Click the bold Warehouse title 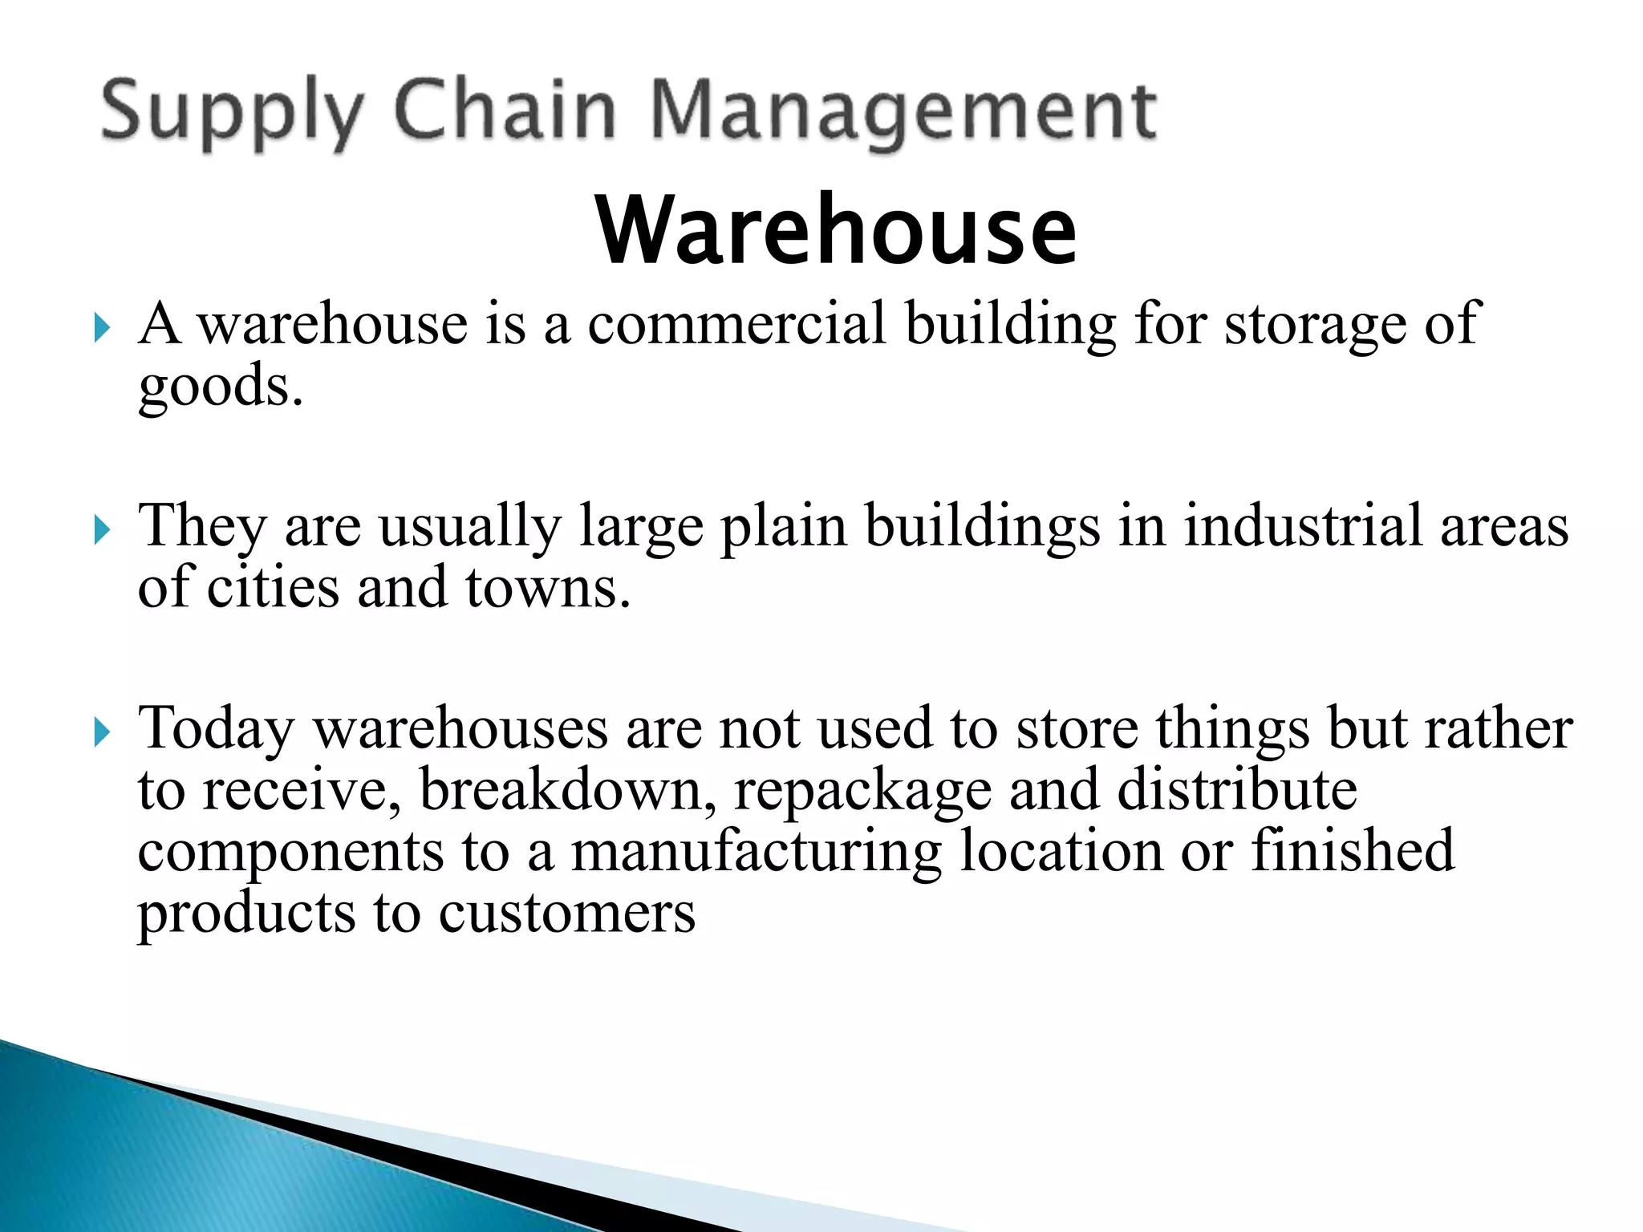[836, 230]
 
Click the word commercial [737, 323]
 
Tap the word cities [273, 587]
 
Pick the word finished [1352, 850]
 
